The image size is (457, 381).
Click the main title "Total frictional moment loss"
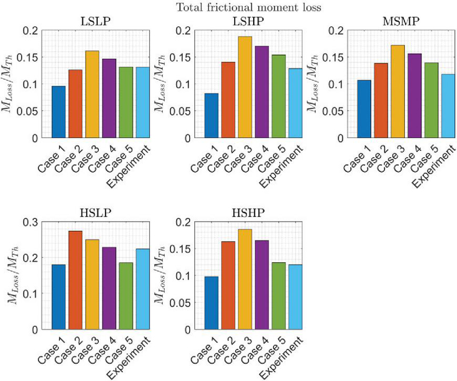click(x=228, y=7)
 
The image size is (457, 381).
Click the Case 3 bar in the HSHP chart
click(x=244, y=279)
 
